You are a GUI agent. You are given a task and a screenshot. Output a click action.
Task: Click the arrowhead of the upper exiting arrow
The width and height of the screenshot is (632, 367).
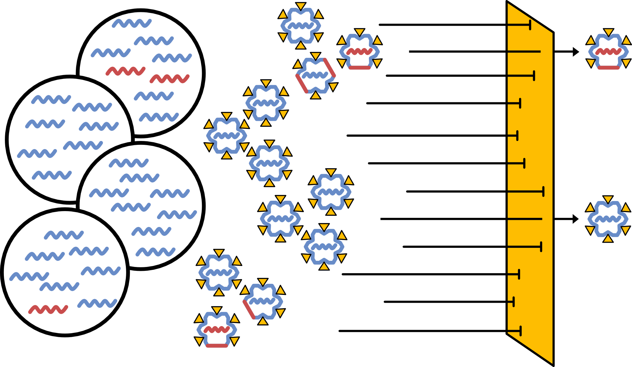pos(576,52)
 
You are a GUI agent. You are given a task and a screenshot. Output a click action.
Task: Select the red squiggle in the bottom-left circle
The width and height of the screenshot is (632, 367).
pos(48,309)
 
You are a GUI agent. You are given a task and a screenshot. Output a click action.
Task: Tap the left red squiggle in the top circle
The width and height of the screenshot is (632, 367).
pos(126,71)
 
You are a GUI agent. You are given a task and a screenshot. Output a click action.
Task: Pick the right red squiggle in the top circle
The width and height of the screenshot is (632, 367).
pos(169,79)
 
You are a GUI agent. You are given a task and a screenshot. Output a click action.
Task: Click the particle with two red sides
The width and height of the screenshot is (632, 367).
pos(315,75)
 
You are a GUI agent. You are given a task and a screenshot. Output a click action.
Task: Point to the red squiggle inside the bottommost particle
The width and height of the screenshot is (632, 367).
pos(217,329)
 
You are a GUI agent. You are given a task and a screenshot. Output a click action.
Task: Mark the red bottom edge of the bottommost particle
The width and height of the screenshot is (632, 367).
pos(217,346)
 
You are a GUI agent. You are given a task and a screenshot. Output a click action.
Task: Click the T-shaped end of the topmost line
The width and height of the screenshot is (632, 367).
pos(530,25)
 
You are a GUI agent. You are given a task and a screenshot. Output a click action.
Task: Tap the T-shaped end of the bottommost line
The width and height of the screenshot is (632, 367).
pos(520,331)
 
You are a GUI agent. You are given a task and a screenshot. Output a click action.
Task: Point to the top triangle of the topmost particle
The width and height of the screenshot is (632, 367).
pos(301,6)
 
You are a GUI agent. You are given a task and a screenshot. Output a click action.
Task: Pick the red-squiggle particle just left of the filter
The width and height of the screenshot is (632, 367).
pos(359,52)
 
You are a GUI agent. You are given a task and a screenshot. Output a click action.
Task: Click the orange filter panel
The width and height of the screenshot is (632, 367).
pos(530,182)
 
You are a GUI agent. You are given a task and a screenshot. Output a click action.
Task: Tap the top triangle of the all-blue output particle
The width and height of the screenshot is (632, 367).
pos(608,199)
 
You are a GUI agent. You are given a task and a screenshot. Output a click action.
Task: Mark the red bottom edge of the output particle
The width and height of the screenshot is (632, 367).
pos(608,68)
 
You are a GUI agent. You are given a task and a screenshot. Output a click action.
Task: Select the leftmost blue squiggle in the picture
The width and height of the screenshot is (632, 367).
pos(29,276)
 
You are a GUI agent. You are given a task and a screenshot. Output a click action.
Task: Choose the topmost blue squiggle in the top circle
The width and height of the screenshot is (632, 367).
pos(132,23)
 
